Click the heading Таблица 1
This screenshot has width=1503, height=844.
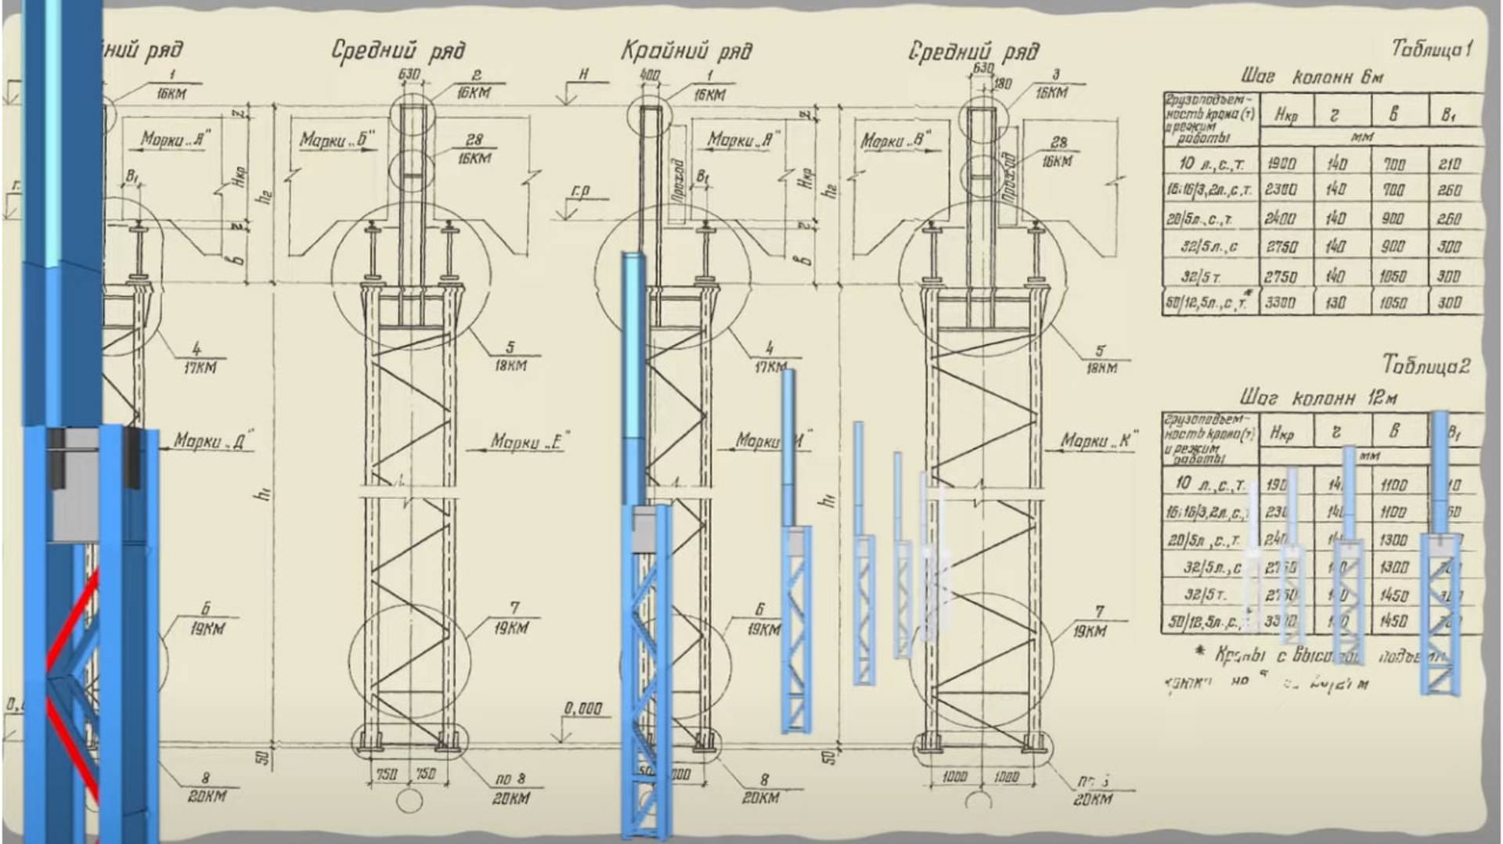[1432, 49]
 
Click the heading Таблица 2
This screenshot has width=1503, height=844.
[1426, 365]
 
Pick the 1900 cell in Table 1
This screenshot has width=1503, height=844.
[1281, 163]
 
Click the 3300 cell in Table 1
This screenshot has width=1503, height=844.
[1280, 303]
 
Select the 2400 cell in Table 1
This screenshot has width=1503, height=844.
[1280, 218]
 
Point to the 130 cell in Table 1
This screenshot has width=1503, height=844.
[1336, 303]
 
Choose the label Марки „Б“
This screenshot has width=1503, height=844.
[337, 141]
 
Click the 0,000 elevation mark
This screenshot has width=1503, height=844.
[583, 709]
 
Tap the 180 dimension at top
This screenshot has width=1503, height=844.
[1002, 84]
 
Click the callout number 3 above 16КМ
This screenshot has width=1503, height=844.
[1055, 75]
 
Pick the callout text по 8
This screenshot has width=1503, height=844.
[511, 780]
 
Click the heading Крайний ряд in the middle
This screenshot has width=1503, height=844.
[687, 52]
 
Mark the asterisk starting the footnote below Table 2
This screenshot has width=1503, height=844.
[1200, 652]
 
